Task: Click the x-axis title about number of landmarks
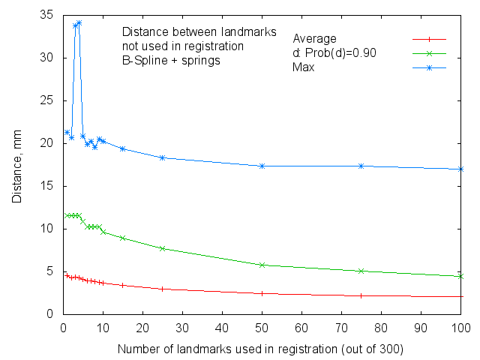[261, 349]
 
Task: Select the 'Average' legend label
[314, 39]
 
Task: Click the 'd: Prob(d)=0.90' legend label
[334, 53]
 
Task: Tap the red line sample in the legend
[430, 39]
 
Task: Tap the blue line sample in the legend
[430, 67]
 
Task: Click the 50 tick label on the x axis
[262, 328]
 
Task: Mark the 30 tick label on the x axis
[182, 328]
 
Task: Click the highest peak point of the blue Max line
[79, 22]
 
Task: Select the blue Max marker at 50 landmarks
[262, 166]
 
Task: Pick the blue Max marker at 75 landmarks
[361, 166]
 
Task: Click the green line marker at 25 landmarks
[163, 248]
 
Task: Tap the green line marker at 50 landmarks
[262, 265]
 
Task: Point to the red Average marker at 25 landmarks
[163, 289]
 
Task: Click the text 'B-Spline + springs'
[171, 61]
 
